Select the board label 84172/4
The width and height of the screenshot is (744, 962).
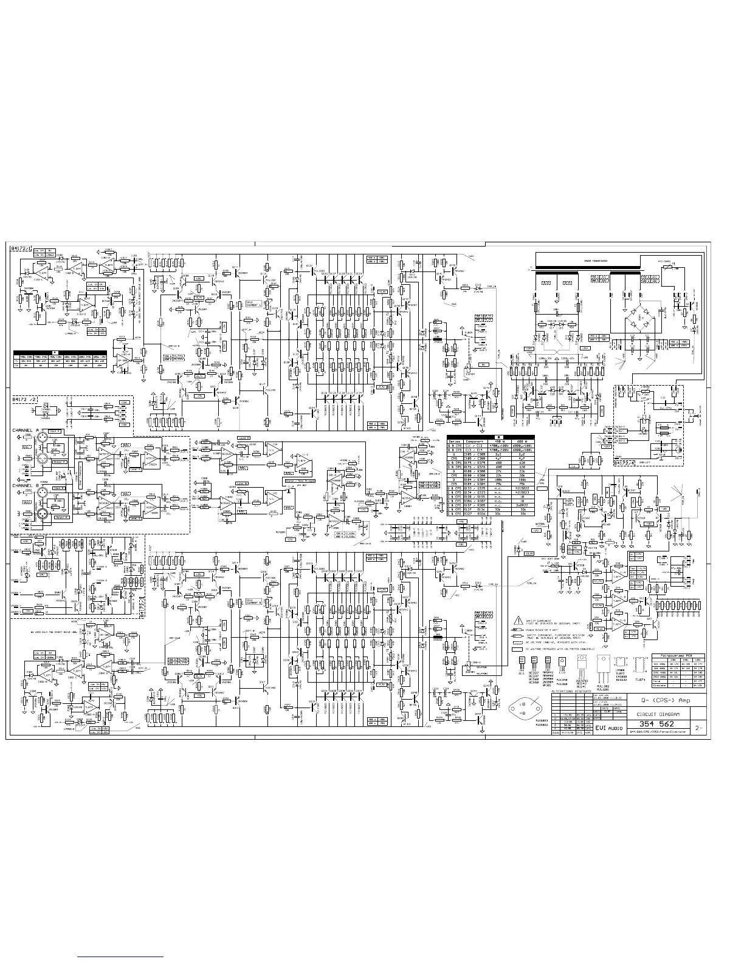click(625, 463)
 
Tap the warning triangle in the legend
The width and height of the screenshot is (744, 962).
click(518, 621)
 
